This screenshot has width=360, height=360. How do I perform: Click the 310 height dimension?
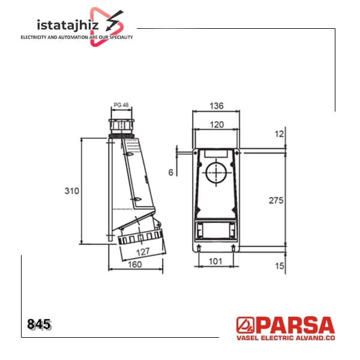click(x=71, y=191)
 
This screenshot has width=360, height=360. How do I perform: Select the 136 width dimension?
click(x=217, y=106)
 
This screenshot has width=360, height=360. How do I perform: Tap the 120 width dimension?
click(x=217, y=125)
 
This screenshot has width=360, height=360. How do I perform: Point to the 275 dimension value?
click(x=276, y=200)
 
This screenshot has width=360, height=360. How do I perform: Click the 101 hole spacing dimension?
click(x=215, y=261)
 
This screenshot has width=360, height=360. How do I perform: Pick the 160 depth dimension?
click(x=135, y=265)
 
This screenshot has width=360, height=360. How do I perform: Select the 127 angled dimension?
click(x=143, y=252)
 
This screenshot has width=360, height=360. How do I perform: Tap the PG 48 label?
click(x=121, y=105)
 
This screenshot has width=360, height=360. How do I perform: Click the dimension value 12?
click(x=279, y=134)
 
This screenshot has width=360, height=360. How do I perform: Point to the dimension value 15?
click(x=280, y=266)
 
